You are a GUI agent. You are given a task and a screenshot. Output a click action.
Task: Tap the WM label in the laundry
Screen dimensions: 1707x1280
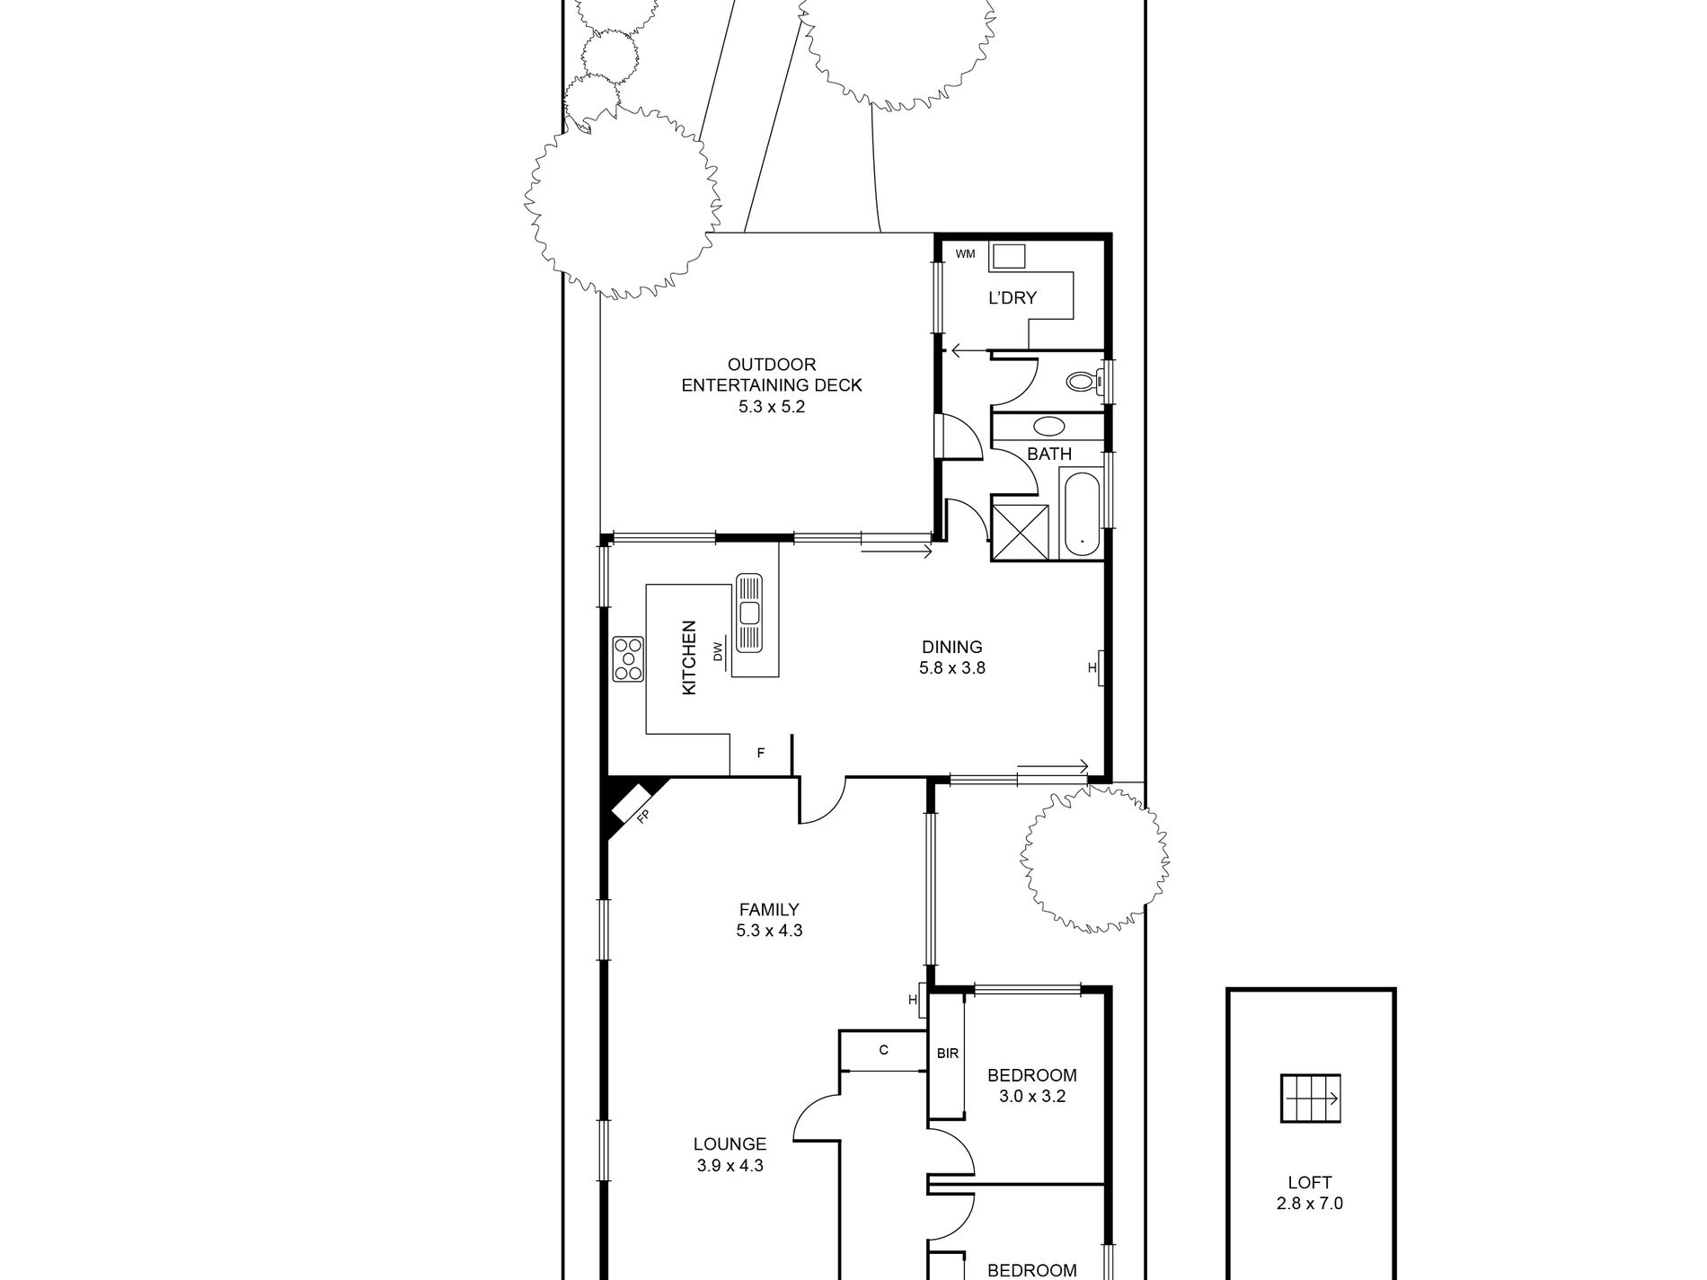click(x=965, y=254)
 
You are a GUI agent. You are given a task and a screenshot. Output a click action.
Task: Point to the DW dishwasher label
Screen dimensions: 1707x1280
click(x=718, y=653)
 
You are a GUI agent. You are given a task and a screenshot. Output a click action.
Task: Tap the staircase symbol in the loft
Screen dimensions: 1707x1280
click(x=1310, y=1098)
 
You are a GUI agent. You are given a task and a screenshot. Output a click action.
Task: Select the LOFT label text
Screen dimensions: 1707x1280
click(x=1310, y=1183)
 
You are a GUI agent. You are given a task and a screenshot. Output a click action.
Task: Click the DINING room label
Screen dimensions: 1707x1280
click(x=952, y=647)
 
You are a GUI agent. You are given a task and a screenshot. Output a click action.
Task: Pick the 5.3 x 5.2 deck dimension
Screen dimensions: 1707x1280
click(x=772, y=406)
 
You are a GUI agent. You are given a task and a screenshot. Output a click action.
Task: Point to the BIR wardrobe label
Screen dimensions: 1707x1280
click(x=948, y=1054)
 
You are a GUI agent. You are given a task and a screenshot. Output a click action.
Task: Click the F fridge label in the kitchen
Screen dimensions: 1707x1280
click(x=760, y=753)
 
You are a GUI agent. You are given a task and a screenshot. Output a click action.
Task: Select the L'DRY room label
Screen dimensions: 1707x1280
click(x=1013, y=298)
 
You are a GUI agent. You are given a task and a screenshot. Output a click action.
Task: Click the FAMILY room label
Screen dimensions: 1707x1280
click(x=769, y=910)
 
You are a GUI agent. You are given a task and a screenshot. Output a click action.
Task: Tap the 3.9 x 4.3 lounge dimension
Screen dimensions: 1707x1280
click(x=730, y=1166)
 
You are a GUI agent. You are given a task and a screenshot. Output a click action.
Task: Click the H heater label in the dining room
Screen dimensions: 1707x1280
click(x=1092, y=667)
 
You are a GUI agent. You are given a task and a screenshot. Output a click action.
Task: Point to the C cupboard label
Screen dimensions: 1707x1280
click(x=884, y=1049)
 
